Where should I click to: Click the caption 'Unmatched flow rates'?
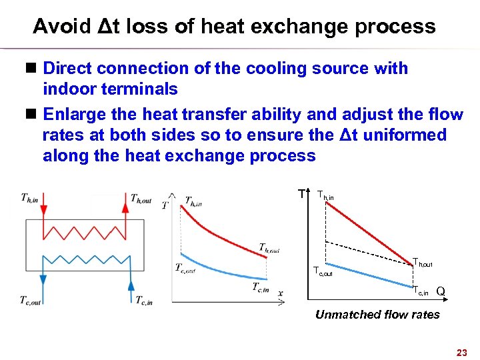(x=377, y=315)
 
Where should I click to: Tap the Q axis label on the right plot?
(x=441, y=291)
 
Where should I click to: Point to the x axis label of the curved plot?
(x=281, y=293)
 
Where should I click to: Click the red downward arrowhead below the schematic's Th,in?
(x=43, y=211)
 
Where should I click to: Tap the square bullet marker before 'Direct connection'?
(x=32, y=68)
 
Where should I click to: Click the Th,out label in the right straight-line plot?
(x=423, y=263)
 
